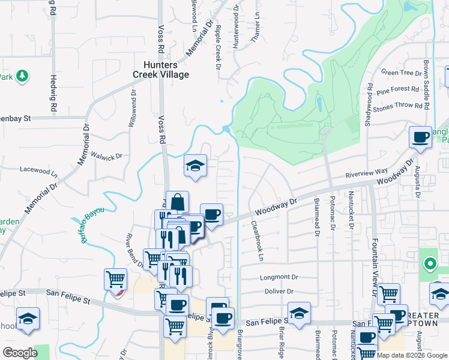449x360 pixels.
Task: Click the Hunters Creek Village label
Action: click(161, 70)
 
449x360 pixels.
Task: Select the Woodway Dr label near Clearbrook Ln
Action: click(276, 208)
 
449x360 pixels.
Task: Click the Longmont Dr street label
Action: click(279, 277)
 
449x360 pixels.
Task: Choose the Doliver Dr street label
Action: click(277, 292)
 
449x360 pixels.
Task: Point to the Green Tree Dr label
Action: click(402, 73)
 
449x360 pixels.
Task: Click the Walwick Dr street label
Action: click(106, 155)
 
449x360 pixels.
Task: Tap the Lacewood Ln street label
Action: click(38, 170)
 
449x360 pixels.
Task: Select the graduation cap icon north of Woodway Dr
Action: click(195, 165)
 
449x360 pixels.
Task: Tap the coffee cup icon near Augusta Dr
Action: click(420, 137)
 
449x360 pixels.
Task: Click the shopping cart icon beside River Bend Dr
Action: click(115, 279)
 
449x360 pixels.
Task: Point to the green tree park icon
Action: click(22, 76)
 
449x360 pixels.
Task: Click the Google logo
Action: click(20, 352)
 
